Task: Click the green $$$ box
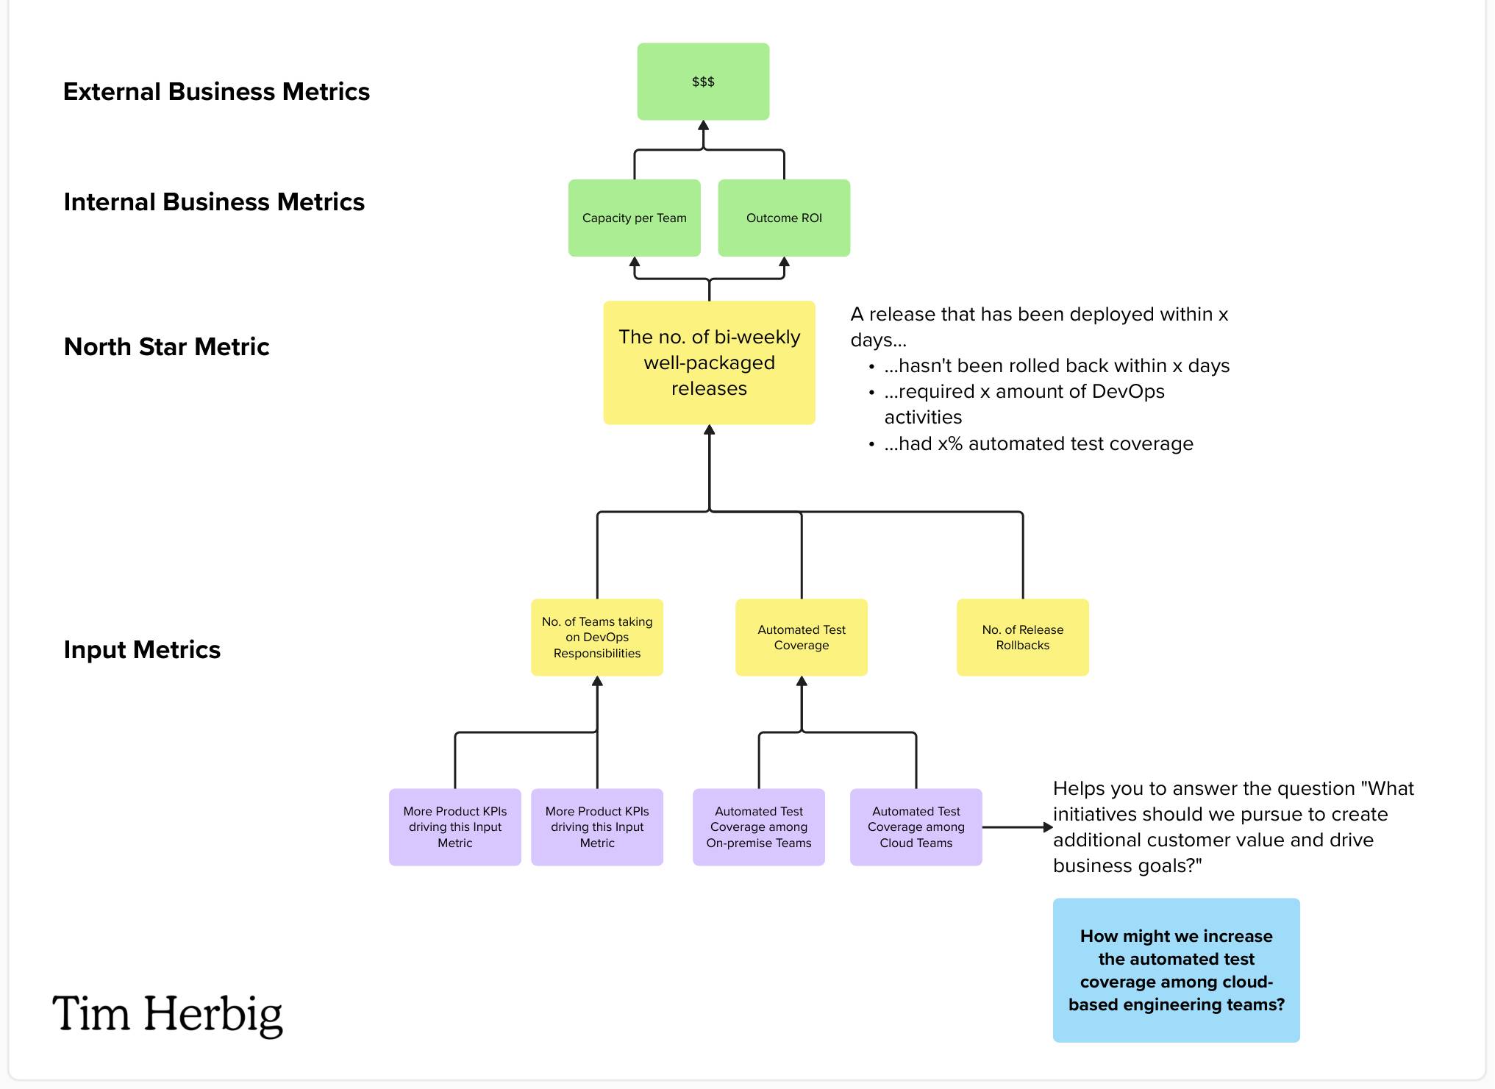703,82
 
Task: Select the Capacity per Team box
634,218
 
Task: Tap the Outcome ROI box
784,218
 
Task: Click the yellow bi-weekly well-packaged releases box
709,363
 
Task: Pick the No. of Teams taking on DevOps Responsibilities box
596,638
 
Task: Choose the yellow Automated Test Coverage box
801,638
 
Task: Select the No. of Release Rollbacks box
1022,638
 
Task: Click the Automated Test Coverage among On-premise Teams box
758,827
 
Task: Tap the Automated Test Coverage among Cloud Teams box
916,827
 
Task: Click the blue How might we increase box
1176,970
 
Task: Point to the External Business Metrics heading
216,92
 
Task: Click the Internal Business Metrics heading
214,202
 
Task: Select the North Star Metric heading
166,347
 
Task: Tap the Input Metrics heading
142,650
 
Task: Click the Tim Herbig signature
168,1014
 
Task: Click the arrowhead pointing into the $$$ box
703,126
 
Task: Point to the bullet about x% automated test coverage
1038,444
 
